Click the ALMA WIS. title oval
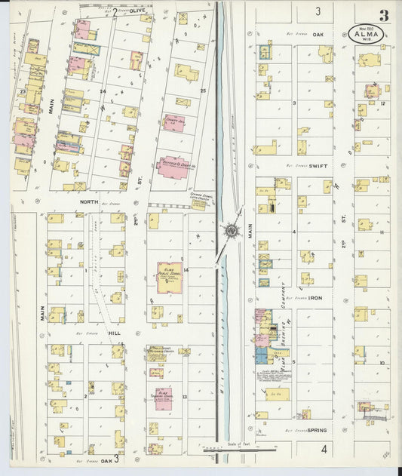pos(364,33)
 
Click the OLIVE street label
pos(137,11)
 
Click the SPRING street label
pos(317,430)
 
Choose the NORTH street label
pos(90,202)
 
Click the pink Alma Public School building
pos(169,277)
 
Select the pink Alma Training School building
pos(164,398)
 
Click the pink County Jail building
pos(173,121)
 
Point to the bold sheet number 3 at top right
pos(384,15)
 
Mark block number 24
pos(102,91)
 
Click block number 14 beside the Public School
pos(185,269)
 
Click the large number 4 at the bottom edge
pos(323,449)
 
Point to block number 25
pos(202,91)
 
